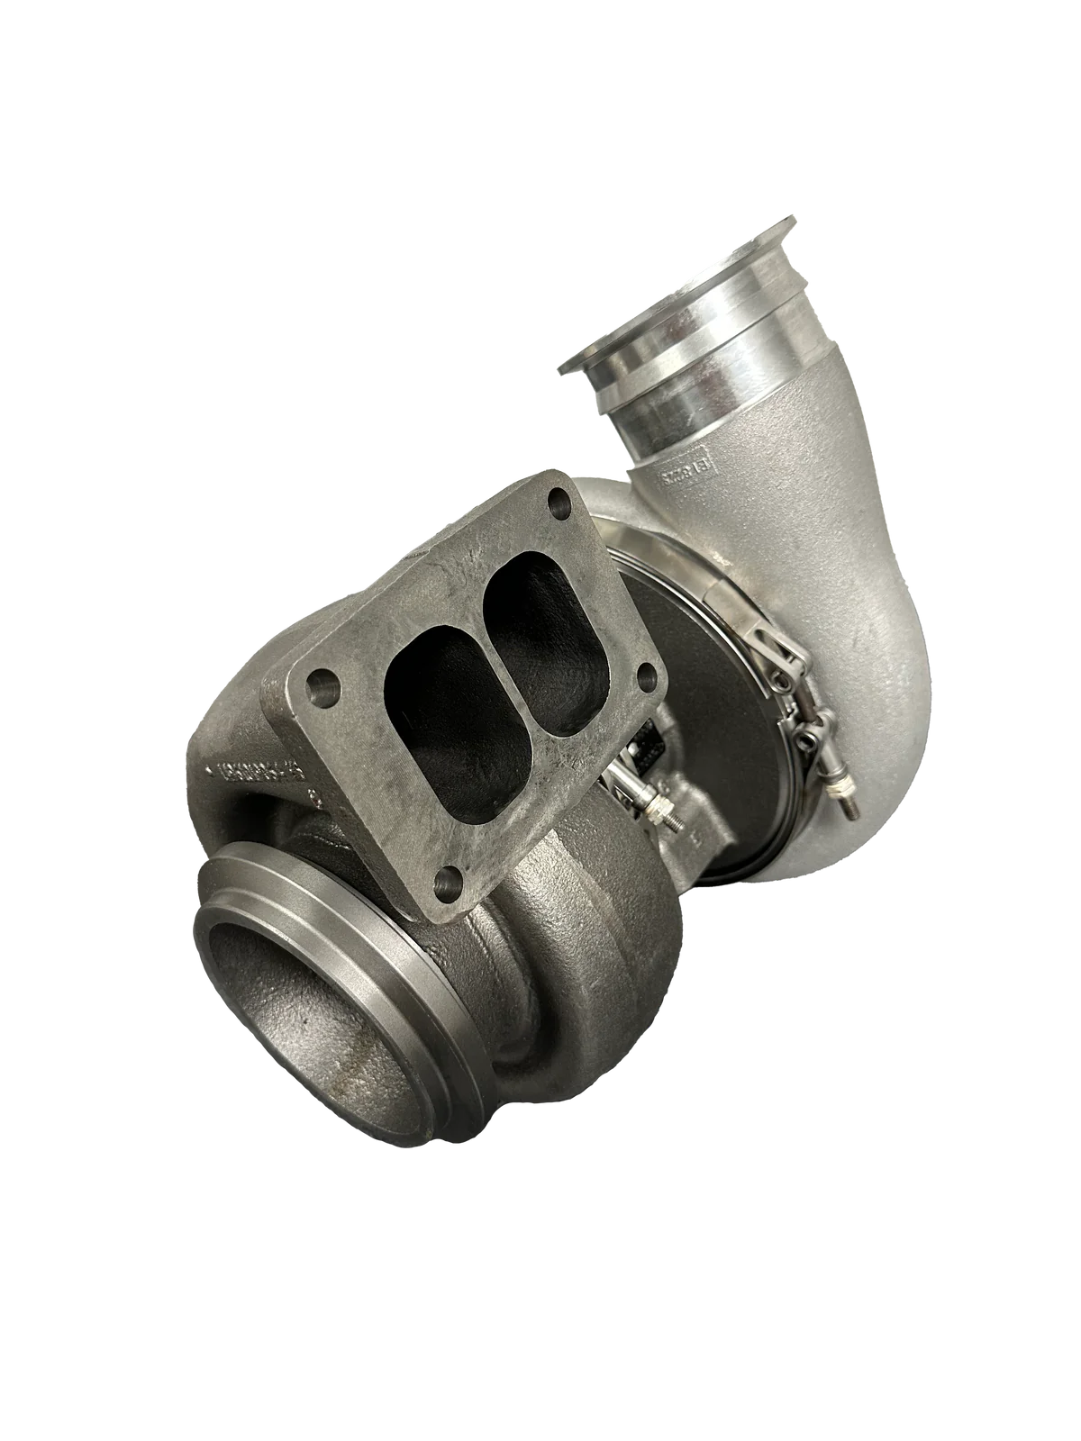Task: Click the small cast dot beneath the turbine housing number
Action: tap(314, 797)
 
